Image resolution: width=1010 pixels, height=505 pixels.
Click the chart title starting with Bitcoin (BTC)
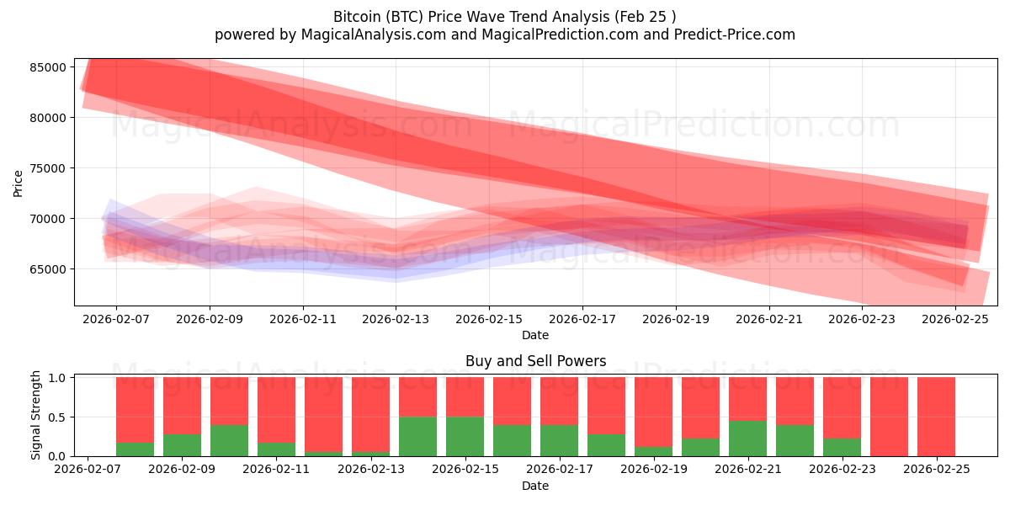[505, 16]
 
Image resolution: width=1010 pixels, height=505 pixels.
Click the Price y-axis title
[18, 183]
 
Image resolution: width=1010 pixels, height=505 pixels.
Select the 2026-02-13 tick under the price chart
[396, 319]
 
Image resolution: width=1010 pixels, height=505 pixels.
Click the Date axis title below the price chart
[535, 335]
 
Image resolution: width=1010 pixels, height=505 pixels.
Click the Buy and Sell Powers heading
[535, 361]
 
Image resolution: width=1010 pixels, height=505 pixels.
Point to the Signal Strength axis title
[35, 416]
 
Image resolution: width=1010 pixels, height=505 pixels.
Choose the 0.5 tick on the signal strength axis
[57, 417]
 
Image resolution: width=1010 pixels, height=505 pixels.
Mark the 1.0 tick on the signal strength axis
[57, 378]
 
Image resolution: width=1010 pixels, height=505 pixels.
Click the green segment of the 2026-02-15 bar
[465, 436]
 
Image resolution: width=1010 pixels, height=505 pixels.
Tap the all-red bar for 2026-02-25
[936, 417]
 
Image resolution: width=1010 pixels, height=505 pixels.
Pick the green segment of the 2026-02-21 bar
[747, 439]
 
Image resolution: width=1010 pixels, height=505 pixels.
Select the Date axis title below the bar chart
[535, 486]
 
